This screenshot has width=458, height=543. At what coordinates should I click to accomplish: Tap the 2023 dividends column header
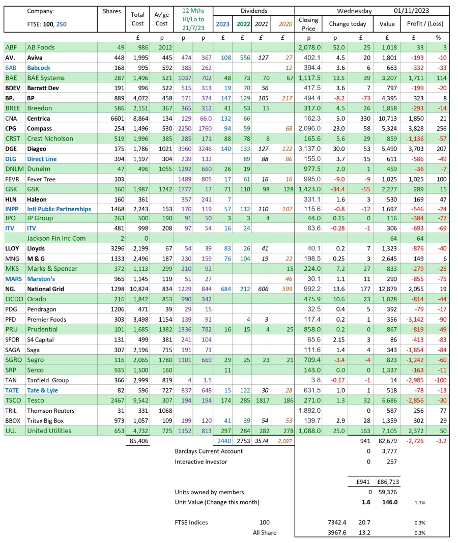(x=222, y=23)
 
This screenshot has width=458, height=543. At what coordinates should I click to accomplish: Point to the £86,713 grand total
(x=387, y=482)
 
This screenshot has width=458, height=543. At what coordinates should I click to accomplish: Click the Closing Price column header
(x=308, y=24)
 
